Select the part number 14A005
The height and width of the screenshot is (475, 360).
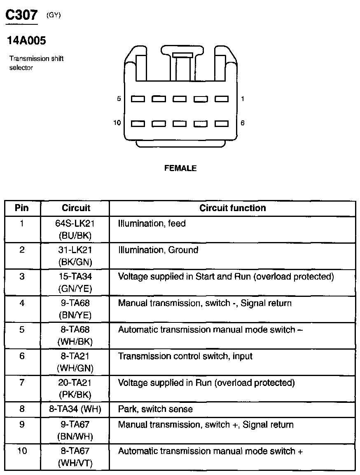[26, 41]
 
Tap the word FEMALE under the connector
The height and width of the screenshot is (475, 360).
[180, 168]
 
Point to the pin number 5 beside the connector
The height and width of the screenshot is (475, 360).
[119, 99]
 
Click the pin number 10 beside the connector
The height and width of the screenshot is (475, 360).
[117, 123]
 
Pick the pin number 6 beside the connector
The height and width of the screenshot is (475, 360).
[243, 123]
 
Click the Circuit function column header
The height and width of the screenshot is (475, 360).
[232, 208]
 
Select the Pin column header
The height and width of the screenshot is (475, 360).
[22, 208]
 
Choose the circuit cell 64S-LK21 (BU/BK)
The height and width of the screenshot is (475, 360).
[75, 229]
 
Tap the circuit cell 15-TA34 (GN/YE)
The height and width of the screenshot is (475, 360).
[75, 282]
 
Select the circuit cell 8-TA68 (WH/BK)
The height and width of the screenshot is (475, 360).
[75, 336]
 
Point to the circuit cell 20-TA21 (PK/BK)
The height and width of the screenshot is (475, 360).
[75, 388]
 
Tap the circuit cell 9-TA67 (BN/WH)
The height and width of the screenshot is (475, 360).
[75, 430]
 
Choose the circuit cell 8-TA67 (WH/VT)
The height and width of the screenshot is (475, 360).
[75, 456]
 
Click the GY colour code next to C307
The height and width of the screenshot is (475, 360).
[54, 16]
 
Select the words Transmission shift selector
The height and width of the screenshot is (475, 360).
[36, 63]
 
